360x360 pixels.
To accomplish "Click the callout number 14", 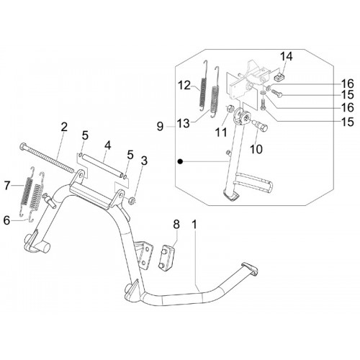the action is pos(287,57).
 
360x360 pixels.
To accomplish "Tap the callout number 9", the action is pos(160,127).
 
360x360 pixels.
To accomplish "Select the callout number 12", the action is pos(184,86).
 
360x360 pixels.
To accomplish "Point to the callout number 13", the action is pos(183,124).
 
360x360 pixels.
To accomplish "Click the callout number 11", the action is pos(221,132).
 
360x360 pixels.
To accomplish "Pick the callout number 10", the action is pos(256,149).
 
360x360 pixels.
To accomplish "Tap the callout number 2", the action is pos(64,127).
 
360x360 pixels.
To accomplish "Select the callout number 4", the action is pos(108,145).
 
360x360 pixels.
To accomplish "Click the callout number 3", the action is pos(144,161).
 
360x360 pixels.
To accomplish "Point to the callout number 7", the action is pos(8,185).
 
